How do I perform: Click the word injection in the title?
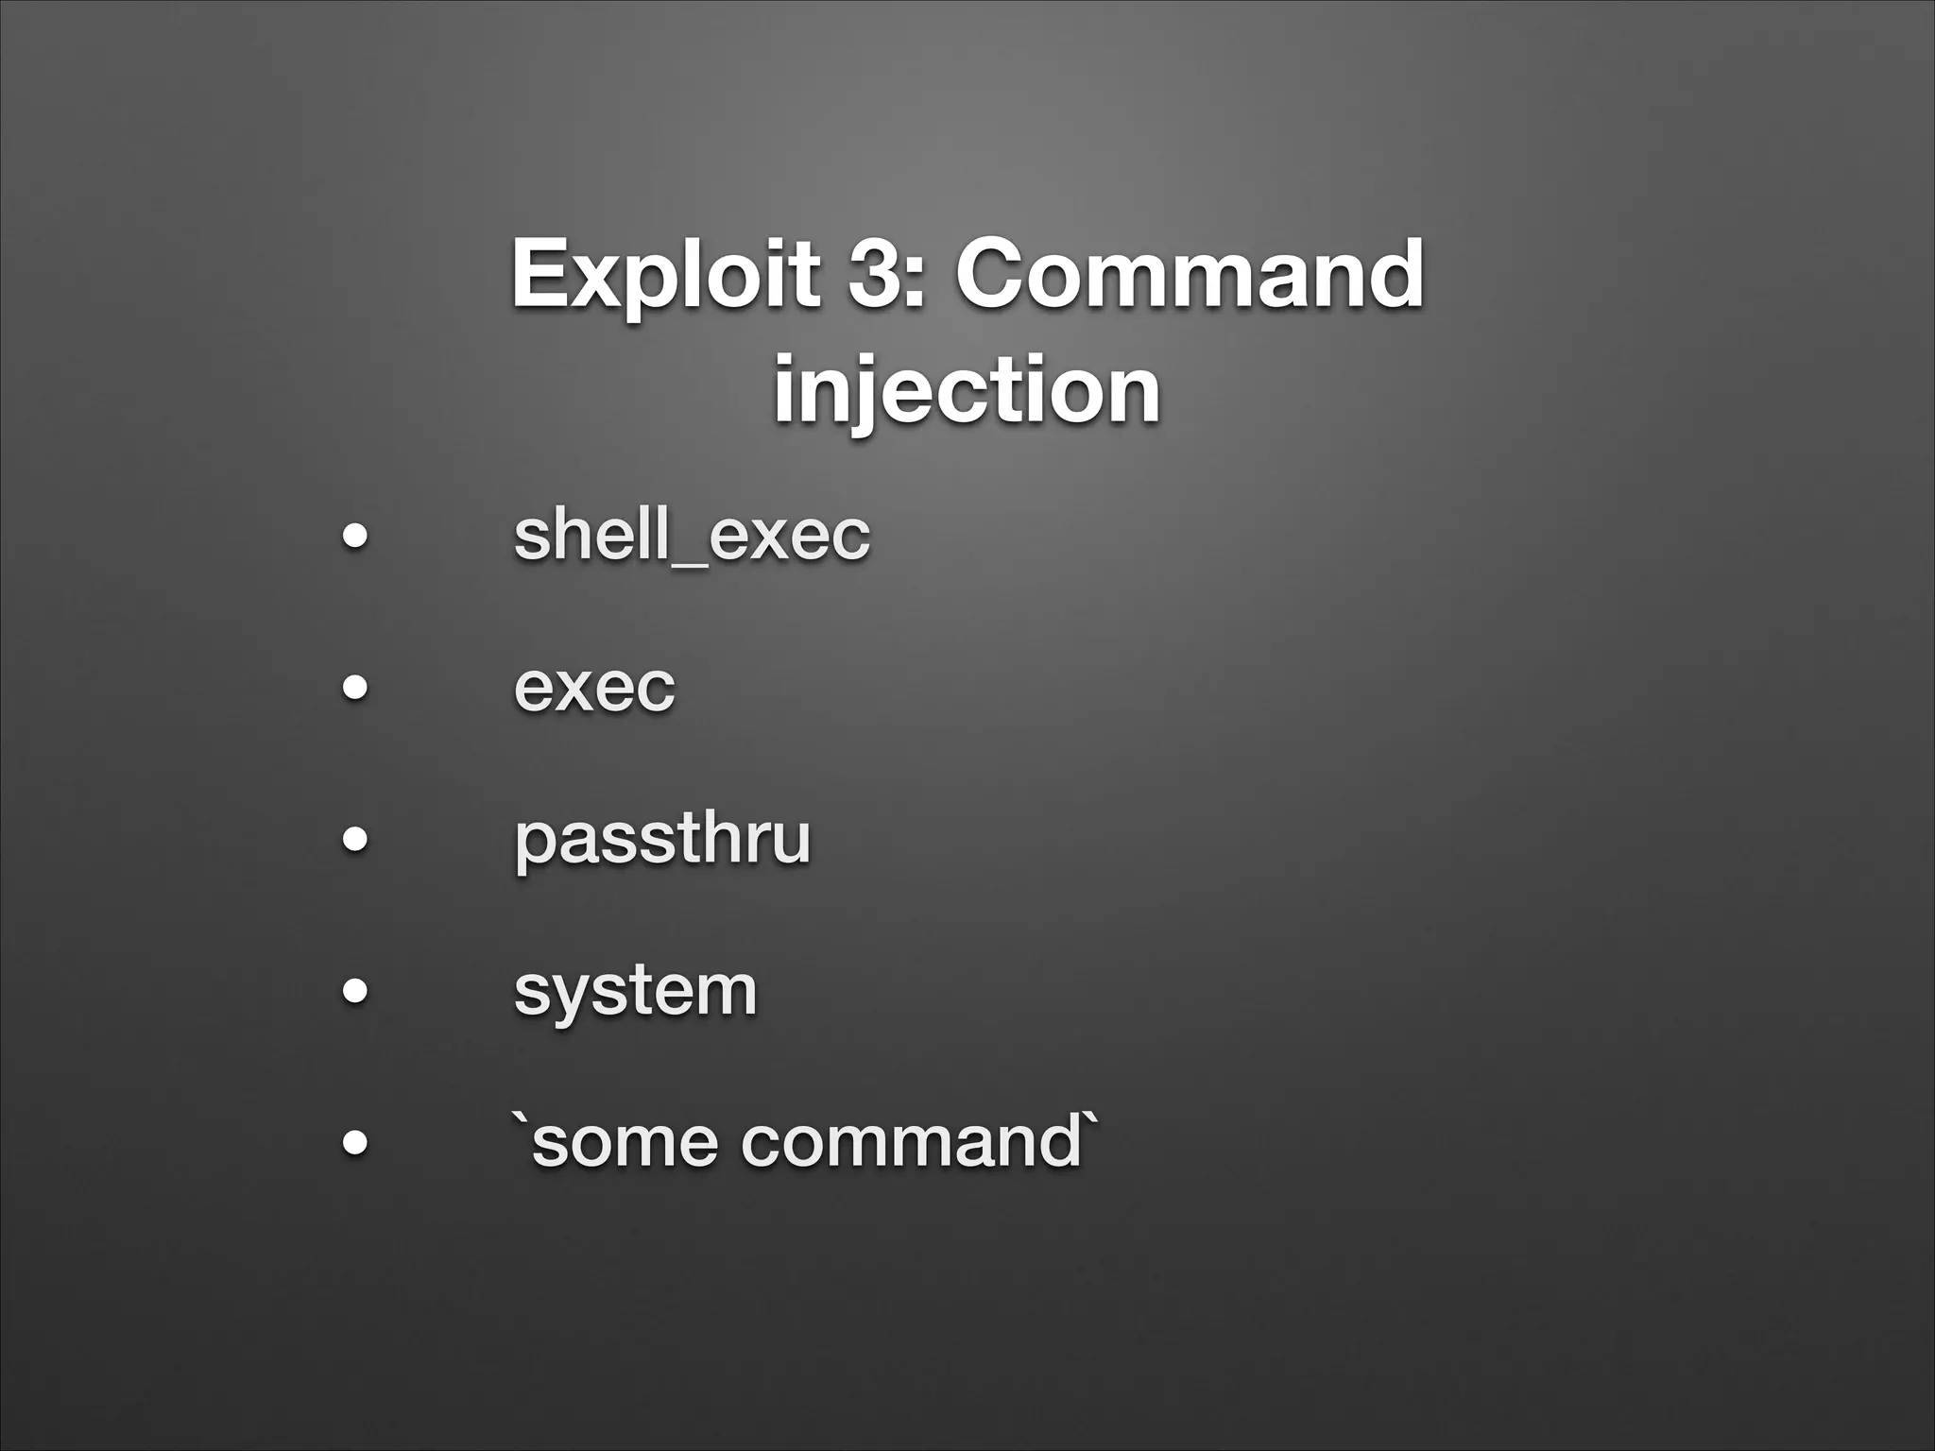[x=967, y=389]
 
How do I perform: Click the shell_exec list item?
[x=691, y=535]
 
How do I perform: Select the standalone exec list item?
[x=594, y=687]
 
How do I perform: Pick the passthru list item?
[x=661, y=839]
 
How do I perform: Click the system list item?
[x=635, y=991]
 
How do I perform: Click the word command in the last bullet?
[x=910, y=1142]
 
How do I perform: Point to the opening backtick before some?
[x=520, y=1120]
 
